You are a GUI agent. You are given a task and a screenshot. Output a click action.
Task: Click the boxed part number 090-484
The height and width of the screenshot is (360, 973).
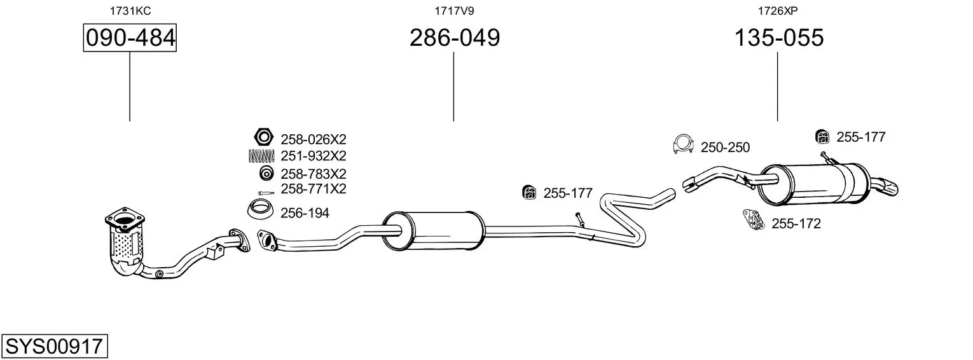point(130,38)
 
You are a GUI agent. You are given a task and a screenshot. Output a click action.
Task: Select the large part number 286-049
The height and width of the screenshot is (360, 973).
point(455,38)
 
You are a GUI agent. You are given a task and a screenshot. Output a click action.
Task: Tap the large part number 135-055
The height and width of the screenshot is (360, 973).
point(779,38)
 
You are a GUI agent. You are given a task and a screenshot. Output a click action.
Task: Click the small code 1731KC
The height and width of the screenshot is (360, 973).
point(130,11)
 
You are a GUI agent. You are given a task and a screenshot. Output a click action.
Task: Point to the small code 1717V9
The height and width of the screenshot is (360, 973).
point(454,11)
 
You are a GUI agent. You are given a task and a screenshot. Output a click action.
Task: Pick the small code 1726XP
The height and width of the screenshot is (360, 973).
point(778,11)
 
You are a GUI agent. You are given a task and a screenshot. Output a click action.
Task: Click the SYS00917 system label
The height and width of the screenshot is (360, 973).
point(54,347)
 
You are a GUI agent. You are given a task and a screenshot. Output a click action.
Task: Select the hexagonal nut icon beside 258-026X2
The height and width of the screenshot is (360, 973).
point(264,137)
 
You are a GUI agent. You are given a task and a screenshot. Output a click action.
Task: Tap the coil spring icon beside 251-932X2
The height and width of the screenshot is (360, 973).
point(261,156)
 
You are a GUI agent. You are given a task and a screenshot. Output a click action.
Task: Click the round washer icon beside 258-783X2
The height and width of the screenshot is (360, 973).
point(266,173)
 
